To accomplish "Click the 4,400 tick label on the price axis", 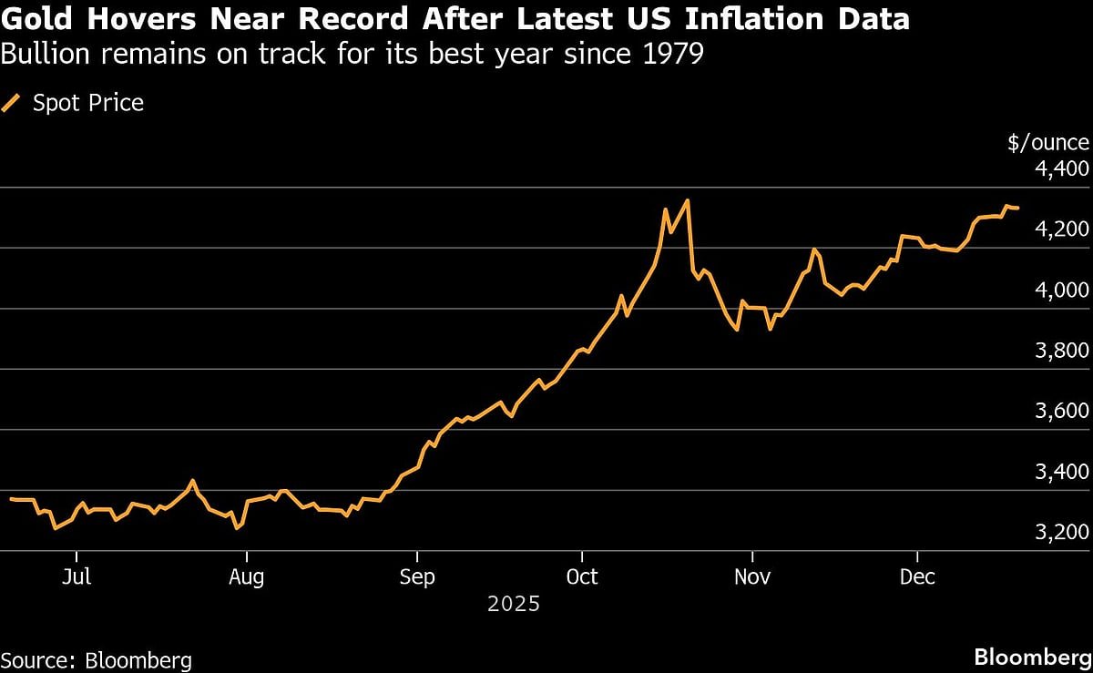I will [x=1062, y=170].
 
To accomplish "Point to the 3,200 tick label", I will [x=1062, y=533].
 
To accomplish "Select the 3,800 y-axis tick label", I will [x=1062, y=352].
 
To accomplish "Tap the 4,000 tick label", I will [x=1062, y=291].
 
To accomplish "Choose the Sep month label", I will [x=416, y=577].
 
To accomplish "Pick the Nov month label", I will [x=751, y=577].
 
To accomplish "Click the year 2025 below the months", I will [x=513, y=604].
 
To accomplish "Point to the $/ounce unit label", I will [x=1048, y=143].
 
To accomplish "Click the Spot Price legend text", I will [x=88, y=103].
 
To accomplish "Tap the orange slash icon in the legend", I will [x=12, y=103].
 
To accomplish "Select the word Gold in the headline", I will [x=33, y=18].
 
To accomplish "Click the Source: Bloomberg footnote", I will [x=97, y=659].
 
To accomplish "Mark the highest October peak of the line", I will [x=688, y=200].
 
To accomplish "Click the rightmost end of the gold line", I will [x=1018, y=209].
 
